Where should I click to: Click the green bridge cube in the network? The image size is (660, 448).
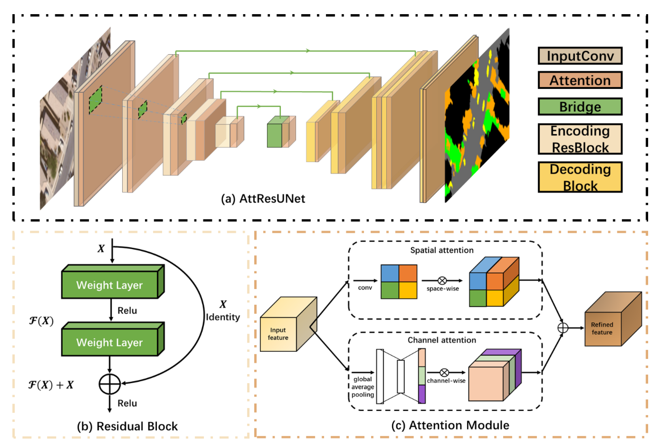pos(274,135)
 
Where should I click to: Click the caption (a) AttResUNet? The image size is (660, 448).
pos(263,199)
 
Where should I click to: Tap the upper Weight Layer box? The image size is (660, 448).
pos(110,285)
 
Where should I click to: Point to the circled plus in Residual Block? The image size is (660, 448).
pos(110,384)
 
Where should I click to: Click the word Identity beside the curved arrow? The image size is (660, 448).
pos(223,317)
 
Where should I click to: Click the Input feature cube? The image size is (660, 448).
pos(278,334)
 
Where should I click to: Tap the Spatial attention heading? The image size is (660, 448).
pos(442,250)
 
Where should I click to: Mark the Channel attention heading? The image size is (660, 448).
pos(442,340)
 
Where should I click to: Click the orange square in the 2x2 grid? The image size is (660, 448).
pos(408,273)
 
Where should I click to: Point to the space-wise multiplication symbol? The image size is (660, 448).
pos(442,281)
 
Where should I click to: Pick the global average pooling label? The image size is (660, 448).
pos(363,387)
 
